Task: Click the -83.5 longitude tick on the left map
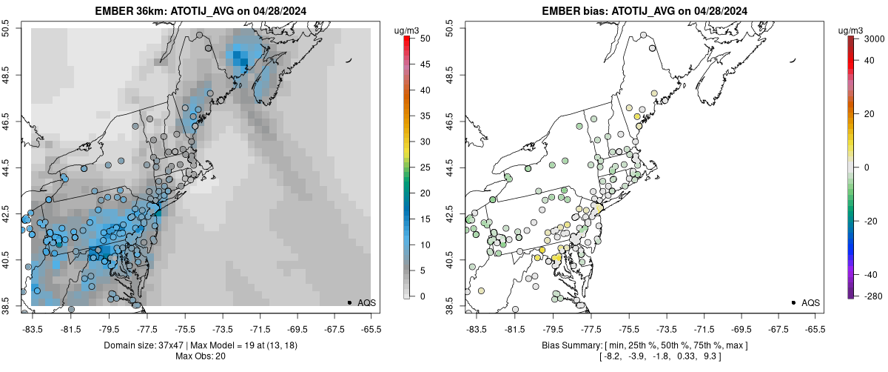(33, 328)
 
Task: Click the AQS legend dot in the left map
(349, 302)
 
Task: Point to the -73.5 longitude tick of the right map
(667, 328)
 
